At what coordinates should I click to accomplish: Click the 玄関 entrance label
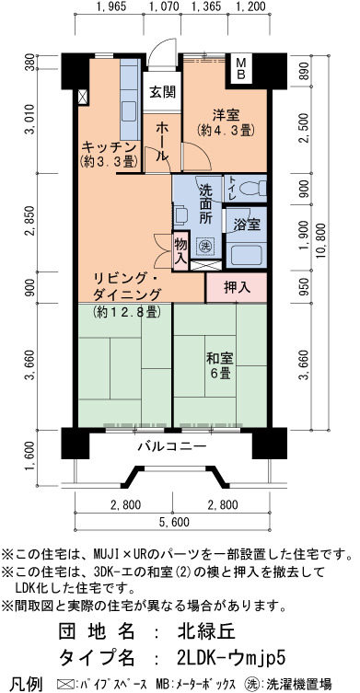click(x=162, y=91)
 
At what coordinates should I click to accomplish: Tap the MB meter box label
click(x=241, y=67)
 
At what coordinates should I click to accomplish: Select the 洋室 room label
click(x=226, y=115)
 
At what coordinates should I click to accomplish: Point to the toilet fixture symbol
click(x=252, y=189)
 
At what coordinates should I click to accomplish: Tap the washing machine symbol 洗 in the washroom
click(x=204, y=245)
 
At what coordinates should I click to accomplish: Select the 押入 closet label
click(x=237, y=288)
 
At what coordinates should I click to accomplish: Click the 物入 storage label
click(x=180, y=249)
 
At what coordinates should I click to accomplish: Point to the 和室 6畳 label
click(x=220, y=365)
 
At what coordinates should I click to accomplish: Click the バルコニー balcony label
click(x=171, y=446)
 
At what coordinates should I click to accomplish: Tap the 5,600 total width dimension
click(x=173, y=522)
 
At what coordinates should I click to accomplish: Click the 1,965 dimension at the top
click(x=110, y=6)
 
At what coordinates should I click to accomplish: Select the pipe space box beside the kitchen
click(x=83, y=97)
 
